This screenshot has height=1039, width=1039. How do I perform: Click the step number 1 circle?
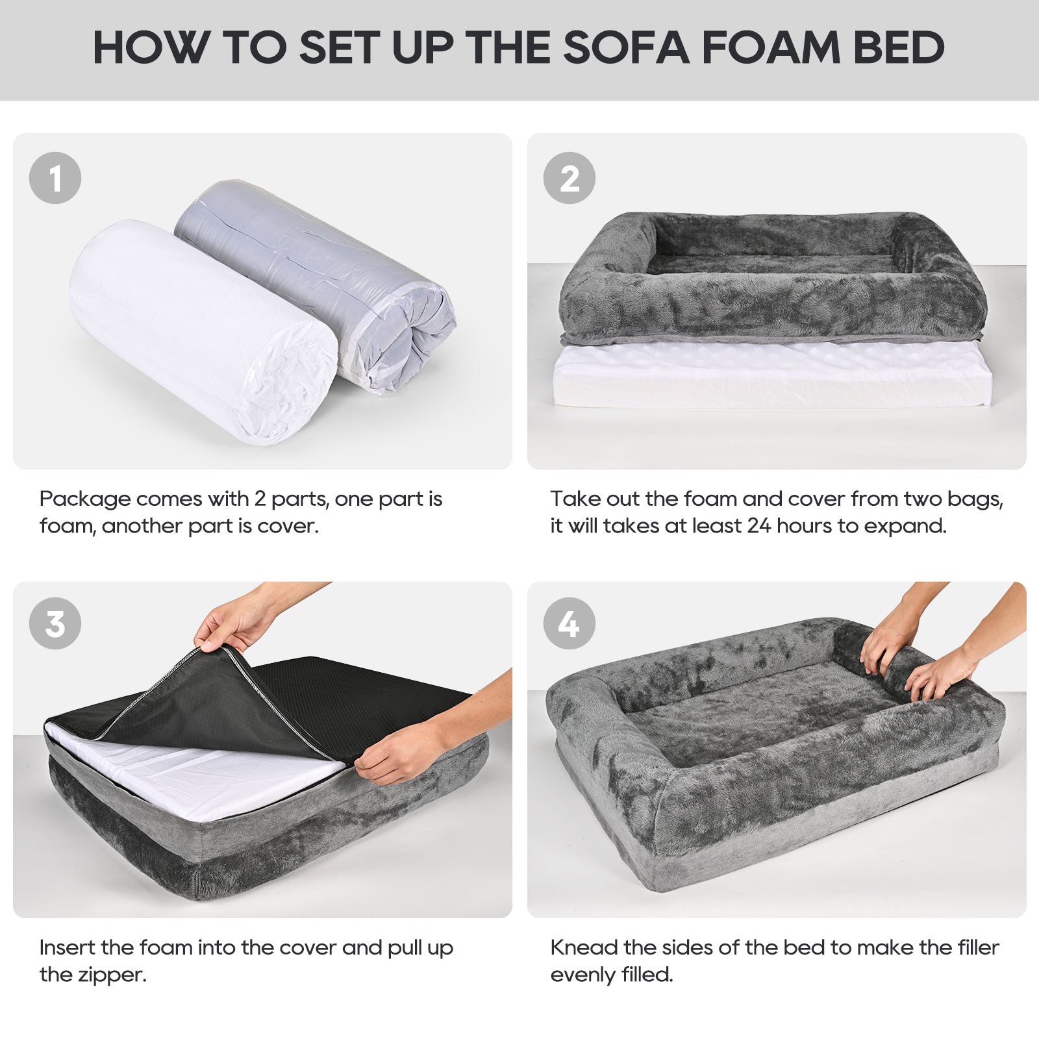coord(55,177)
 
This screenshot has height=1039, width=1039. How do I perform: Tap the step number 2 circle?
coord(570,177)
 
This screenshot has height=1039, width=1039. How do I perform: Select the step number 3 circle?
coord(55,623)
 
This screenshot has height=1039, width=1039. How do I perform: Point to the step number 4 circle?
coord(570,623)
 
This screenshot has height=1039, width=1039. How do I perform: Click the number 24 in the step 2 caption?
coord(758,525)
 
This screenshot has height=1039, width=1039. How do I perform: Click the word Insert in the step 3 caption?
coord(66,947)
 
